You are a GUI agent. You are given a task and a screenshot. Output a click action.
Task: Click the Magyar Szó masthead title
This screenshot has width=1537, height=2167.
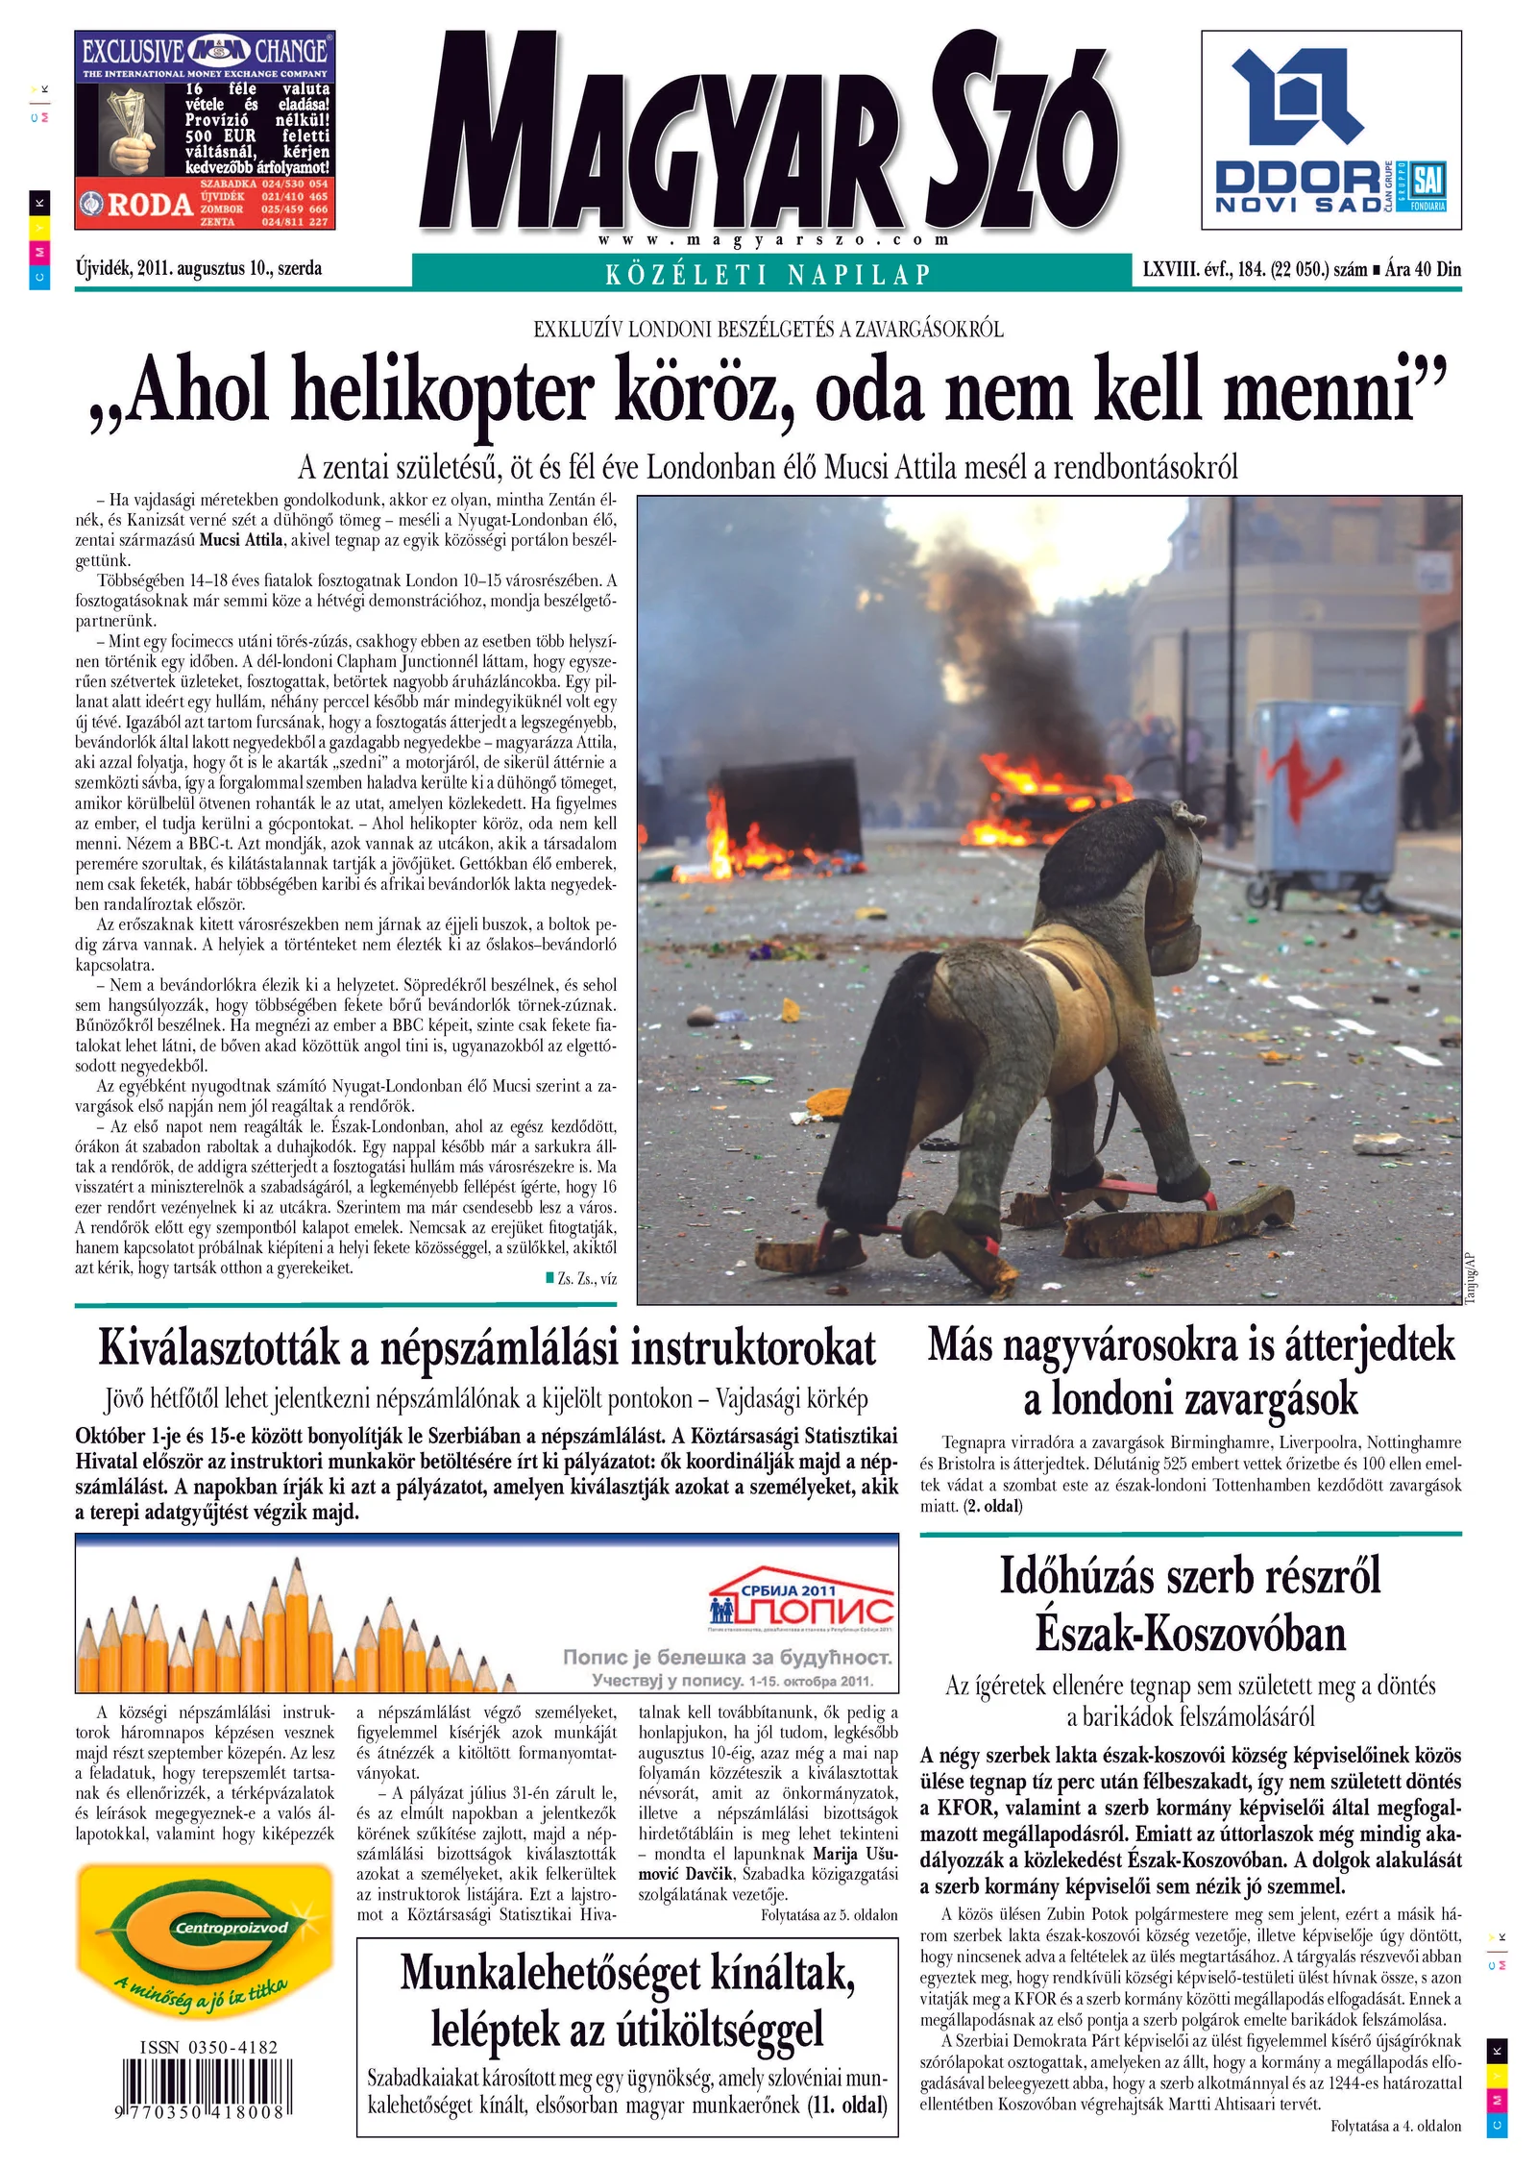coord(768,135)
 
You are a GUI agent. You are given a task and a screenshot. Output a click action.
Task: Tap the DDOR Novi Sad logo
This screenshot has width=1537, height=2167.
coord(1330,130)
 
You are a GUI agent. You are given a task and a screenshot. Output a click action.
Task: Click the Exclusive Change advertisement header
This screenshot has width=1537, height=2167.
coord(205,50)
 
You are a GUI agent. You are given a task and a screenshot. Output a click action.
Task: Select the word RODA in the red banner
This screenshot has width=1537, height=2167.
coord(149,205)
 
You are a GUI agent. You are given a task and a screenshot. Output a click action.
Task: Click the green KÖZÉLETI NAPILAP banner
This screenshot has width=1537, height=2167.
coord(768,274)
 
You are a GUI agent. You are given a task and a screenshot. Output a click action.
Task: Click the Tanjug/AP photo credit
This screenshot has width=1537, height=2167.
coord(1469,1276)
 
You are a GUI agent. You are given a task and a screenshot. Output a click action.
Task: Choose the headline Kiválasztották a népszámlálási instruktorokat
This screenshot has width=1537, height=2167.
coord(487,1347)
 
